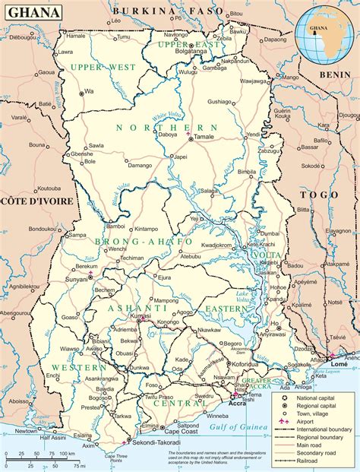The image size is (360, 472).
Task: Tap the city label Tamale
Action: (x=204, y=137)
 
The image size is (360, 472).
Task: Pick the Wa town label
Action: (x=89, y=91)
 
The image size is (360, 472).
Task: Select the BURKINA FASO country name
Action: (x=160, y=11)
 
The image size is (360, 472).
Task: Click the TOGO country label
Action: (x=317, y=195)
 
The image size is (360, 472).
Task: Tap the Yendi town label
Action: (x=253, y=134)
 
